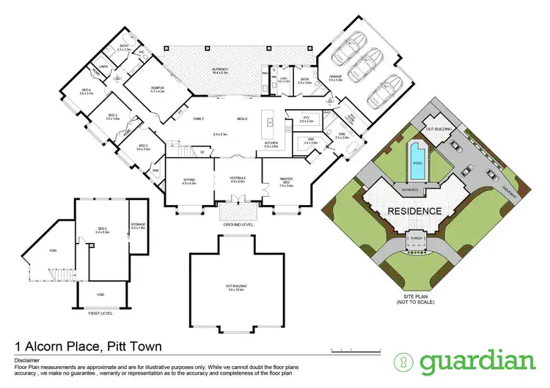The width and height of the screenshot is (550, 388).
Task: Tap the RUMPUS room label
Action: pyautogui.click(x=158, y=88)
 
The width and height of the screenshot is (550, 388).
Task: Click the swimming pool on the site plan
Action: pyautogui.click(x=417, y=162)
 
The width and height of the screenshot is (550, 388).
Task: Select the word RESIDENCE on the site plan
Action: pyautogui.click(x=415, y=211)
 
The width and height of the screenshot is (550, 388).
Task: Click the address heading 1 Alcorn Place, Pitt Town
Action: pyautogui.click(x=89, y=346)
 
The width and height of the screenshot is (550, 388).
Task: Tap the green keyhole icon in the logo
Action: pyautogui.click(x=404, y=361)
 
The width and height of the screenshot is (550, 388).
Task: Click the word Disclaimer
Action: pyautogui.click(x=26, y=361)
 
